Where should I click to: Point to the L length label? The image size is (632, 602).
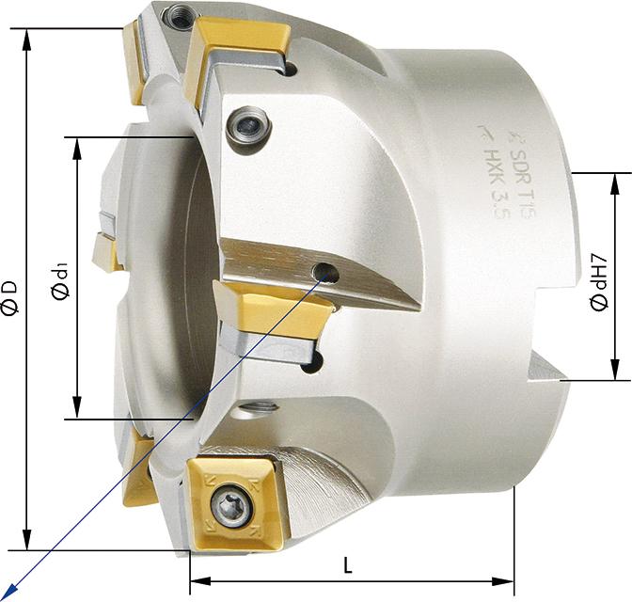[x=347, y=566]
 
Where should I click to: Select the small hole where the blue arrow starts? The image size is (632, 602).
[x=326, y=273]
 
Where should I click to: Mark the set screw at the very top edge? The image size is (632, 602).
[x=177, y=14]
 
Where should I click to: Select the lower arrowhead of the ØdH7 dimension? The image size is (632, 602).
[x=615, y=374]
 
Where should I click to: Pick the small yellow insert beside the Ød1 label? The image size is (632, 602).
[x=106, y=252]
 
